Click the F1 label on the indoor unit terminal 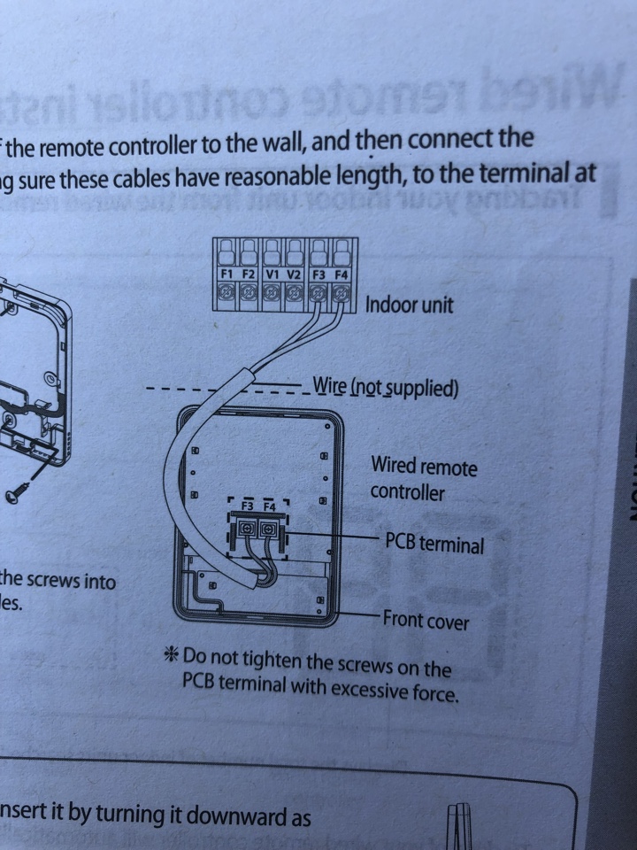(x=227, y=275)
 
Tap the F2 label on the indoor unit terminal (x=249, y=275)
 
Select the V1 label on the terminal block (x=272, y=275)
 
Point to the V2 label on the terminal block (x=295, y=275)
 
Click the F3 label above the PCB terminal (x=247, y=506)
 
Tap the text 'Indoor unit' (x=409, y=305)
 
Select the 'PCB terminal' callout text (x=434, y=543)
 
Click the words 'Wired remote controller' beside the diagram (x=423, y=477)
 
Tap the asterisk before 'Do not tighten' (x=171, y=656)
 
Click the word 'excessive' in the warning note (x=367, y=688)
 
